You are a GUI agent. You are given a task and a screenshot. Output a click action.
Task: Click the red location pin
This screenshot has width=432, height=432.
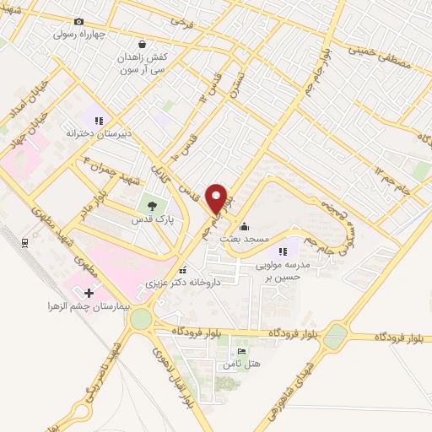(x=219, y=199)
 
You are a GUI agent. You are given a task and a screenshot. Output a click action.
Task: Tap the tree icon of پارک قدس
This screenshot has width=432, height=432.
(x=151, y=205)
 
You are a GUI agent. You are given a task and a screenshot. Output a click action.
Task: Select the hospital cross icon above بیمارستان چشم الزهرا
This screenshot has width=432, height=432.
(x=89, y=292)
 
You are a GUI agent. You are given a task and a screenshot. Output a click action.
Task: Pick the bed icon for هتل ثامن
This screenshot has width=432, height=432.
(x=242, y=352)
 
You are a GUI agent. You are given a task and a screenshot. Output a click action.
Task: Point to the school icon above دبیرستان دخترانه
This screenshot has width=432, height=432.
(x=99, y=120)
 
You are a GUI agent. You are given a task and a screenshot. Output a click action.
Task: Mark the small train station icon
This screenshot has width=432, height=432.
(x=25, y=242)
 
